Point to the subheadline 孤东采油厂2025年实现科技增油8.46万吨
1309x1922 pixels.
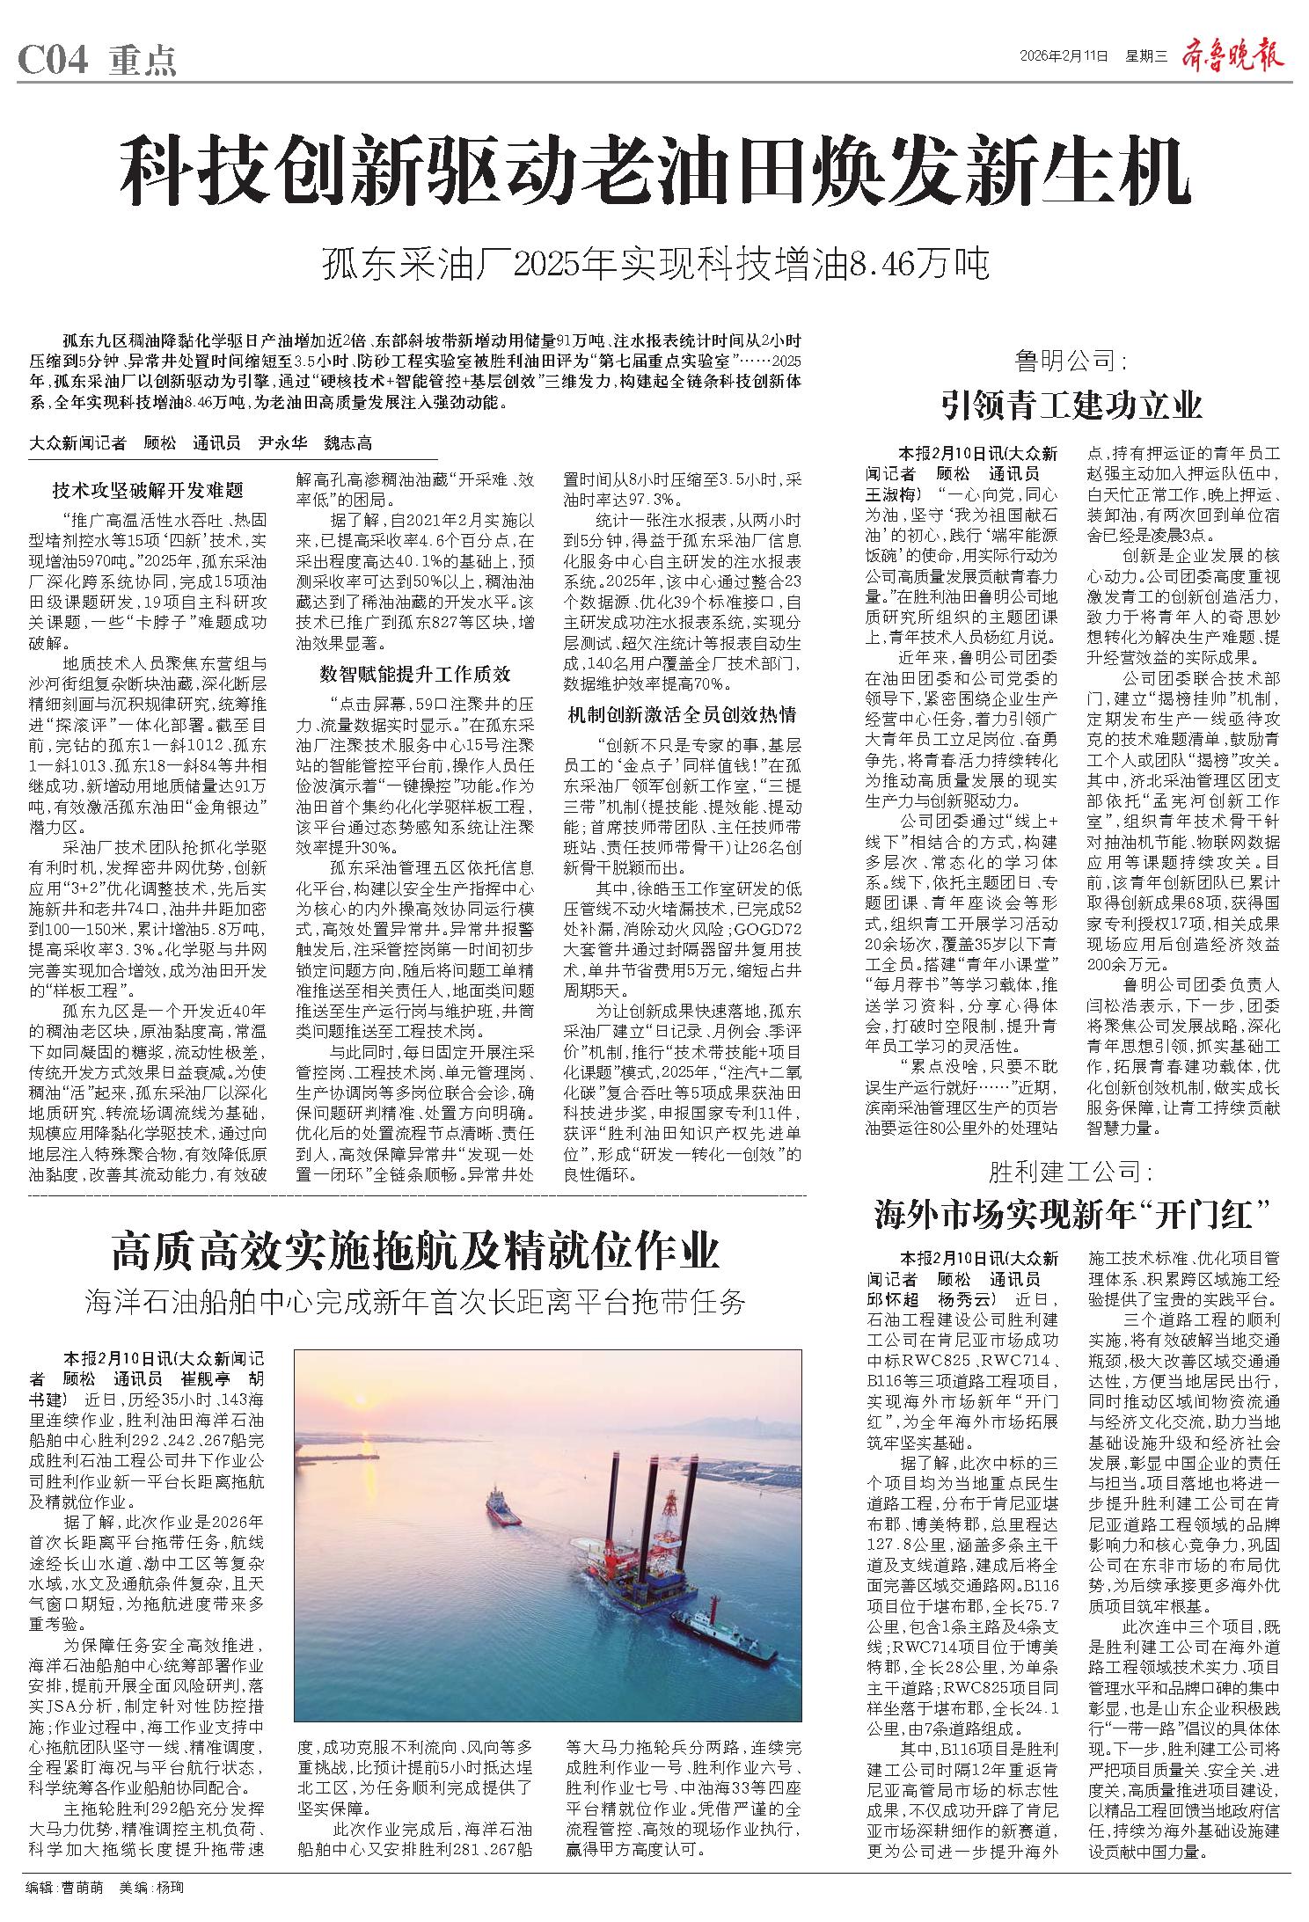point(655,264)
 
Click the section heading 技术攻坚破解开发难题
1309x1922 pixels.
point(148,490)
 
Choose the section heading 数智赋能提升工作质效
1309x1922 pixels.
point(414,674)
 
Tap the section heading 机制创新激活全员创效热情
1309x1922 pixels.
point(682,713)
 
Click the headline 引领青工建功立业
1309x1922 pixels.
point(1071,406)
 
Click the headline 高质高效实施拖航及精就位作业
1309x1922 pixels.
point(415,1253)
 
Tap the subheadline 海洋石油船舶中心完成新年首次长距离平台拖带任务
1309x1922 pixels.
point(415,1301)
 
